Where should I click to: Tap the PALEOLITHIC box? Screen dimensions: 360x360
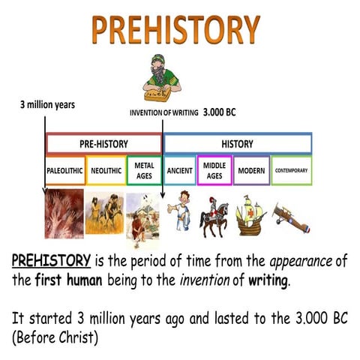65,170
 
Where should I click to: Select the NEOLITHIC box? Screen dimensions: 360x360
106,170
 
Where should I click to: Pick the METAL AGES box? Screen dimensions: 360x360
144,170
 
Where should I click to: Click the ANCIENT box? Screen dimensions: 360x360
179,170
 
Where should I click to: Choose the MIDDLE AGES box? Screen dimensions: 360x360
214,170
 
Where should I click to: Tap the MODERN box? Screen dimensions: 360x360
251,170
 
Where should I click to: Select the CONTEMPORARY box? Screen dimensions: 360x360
291,170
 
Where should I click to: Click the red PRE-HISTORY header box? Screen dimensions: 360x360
103,143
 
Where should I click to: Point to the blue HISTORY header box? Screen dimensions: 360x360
238,143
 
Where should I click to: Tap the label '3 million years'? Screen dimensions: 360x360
46,104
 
